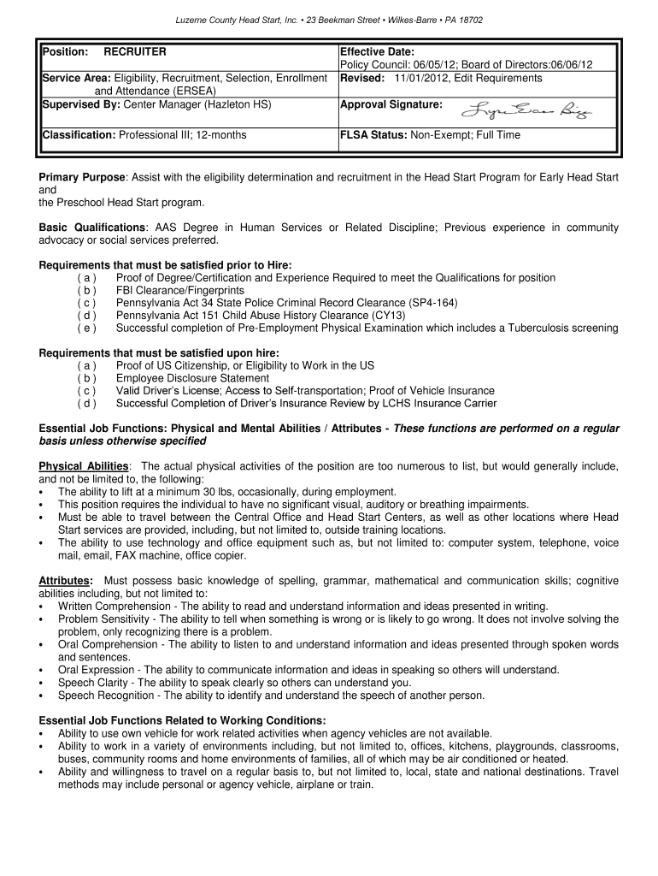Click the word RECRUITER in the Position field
point(135,52)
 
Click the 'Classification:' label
point(79,135)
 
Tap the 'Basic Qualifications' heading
point(92,228)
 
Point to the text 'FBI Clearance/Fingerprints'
point(178,291)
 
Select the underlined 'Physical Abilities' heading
point(84,466)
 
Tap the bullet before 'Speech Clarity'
point(43,684)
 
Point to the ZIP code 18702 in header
point(470,20)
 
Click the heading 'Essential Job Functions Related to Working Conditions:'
point(182,720)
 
